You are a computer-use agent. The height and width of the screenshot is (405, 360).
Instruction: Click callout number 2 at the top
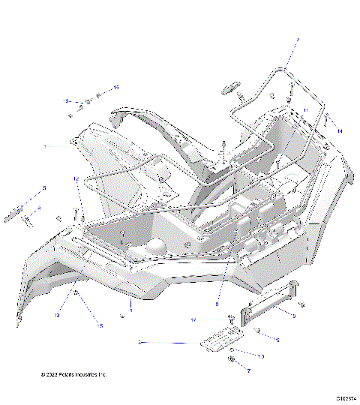click(297, 39)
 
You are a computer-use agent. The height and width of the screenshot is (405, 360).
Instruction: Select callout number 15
click(116, 88)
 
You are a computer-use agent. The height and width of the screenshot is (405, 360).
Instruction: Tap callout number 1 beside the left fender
click(44, 146)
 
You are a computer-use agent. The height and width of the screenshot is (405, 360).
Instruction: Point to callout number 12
click(76, 179)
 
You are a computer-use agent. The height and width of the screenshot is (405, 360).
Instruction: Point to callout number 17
click(193, 320)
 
